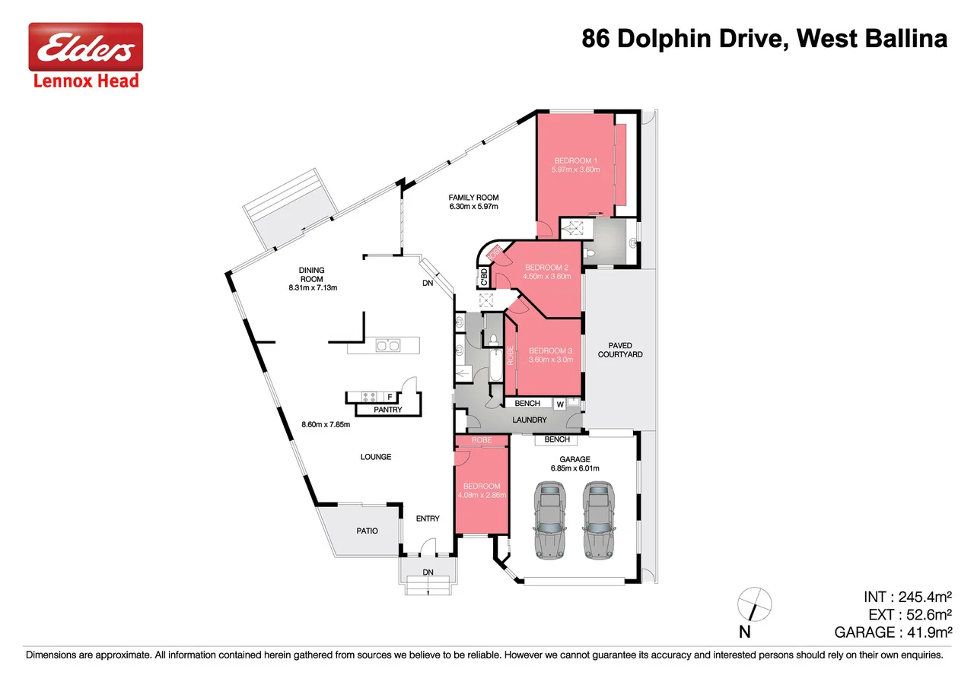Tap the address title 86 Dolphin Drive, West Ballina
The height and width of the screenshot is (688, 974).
point(764,39)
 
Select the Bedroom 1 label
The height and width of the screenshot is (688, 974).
point(575,160)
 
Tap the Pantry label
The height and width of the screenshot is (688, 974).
point(388,410)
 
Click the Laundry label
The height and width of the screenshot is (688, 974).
point(530,420)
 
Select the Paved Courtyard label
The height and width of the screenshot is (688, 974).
point(615,350)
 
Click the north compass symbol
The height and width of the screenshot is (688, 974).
point(753,605)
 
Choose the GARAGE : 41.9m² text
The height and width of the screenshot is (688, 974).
point(893,632)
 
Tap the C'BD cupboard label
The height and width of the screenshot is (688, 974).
point(483,277)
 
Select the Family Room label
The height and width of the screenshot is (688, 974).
point(473,198)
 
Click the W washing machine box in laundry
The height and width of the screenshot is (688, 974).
point(559,404)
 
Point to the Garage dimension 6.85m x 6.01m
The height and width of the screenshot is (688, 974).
point(575,468)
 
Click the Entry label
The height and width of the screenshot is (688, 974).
point(428,518)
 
